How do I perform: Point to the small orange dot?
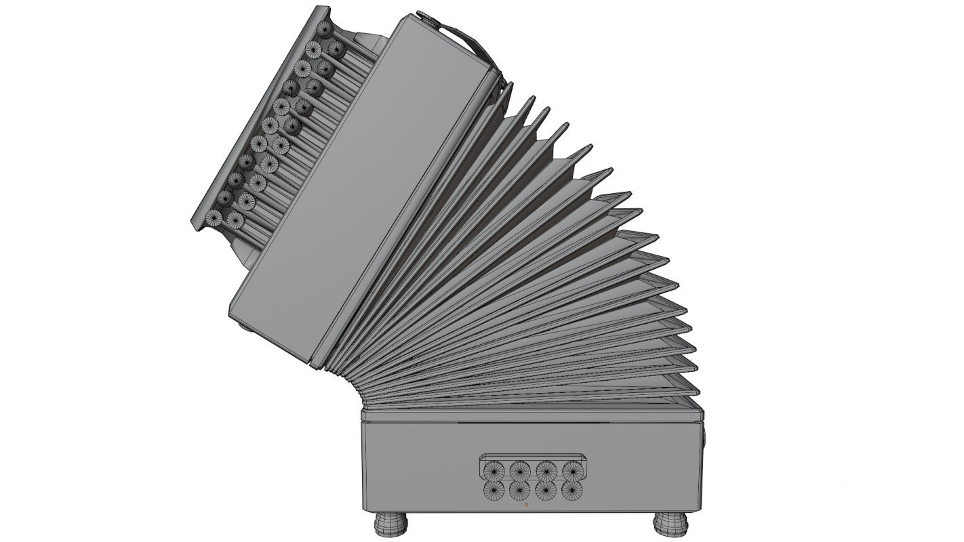tap(526, 505)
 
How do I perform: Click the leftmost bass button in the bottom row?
tap(493, 490)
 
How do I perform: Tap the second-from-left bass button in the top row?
tap(520, 470)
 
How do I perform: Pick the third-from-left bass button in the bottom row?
tap(546, 490)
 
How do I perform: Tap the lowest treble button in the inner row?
tap(235, 219)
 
